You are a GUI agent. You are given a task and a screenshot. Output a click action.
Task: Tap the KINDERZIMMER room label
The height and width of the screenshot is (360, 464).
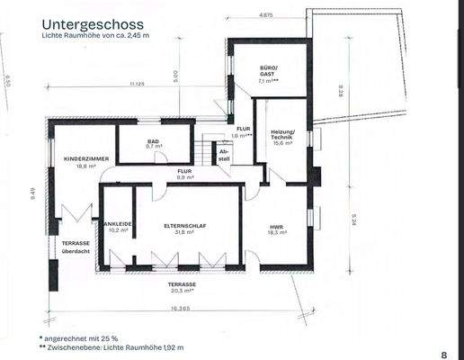(x=86, y=158)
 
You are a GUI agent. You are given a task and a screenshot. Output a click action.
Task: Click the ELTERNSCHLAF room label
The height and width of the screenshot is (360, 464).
(x=185, y=224)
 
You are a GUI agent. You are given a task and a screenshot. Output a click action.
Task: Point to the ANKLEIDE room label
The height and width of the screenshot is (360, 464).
(x=119, y=224)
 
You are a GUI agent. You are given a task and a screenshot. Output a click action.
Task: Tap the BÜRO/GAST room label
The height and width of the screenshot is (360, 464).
(x=269, y=70)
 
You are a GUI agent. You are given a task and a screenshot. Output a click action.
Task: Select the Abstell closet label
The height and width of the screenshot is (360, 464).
(x=224, y=155)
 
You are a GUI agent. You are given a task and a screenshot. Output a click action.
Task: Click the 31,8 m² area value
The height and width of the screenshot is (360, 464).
(x=185, y=232)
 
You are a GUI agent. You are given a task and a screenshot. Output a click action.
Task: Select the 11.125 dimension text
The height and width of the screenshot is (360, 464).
(x=137, y=85)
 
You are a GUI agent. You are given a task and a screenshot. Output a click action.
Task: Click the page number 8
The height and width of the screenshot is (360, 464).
(x=443, y=355)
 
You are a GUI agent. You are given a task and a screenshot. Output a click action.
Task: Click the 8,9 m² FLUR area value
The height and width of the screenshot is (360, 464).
(x=184, y=177)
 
